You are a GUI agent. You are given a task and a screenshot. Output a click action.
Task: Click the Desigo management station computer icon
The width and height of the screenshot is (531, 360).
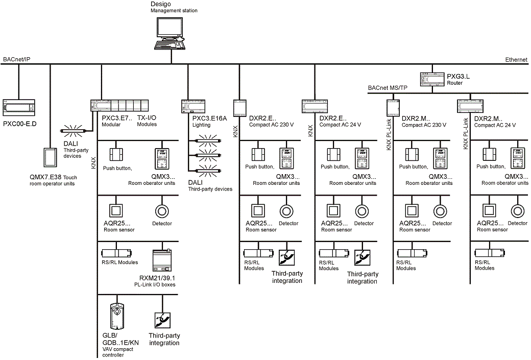pos(172,34)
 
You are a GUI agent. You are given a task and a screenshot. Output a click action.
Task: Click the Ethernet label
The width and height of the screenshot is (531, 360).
pos(516,60)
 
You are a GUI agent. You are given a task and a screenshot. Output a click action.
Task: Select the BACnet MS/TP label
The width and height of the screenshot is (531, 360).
pos(388,88)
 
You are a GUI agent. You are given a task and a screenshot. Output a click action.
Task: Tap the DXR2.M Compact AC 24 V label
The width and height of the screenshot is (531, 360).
pos(495,122)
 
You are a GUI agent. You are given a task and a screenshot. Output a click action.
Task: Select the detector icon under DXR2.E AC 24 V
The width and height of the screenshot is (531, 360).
pos(361,211)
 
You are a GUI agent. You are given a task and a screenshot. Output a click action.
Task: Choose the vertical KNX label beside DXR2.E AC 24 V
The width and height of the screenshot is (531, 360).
pos(310,131)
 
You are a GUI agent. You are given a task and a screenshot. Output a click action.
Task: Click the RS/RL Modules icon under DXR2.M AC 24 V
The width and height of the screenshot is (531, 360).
pos(488,253)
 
